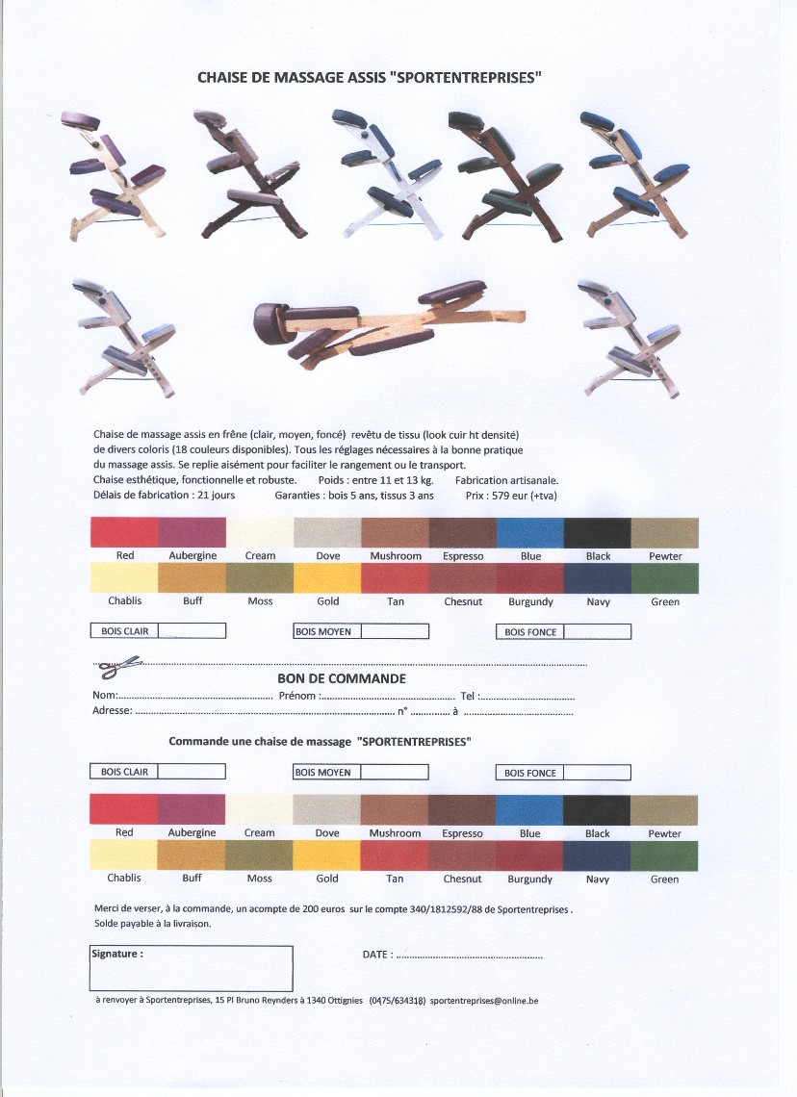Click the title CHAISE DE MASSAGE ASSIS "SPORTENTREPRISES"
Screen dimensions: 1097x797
click(x=370, y=78)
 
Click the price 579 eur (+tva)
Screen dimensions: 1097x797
click(x=525, y=496)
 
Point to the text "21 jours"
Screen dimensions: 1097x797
click(x=217, y=496)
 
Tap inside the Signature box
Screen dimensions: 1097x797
click(x=191, y=972)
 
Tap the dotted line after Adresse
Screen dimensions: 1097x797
click(x=265, y=713)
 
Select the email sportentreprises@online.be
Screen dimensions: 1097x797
click(x=484, y=1001)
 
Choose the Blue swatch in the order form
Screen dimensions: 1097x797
click(x=529, y=810)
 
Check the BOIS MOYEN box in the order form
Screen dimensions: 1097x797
click(x=394, y=772)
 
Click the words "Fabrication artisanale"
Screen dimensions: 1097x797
click(x=506, y=480)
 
